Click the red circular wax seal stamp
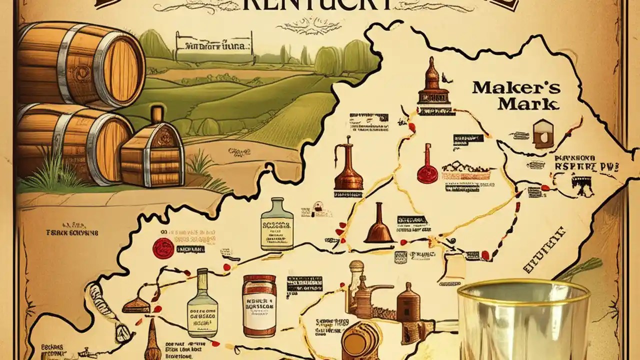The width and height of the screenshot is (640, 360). [162, 246]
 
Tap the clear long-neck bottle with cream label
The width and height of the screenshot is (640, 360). [202, 305]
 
